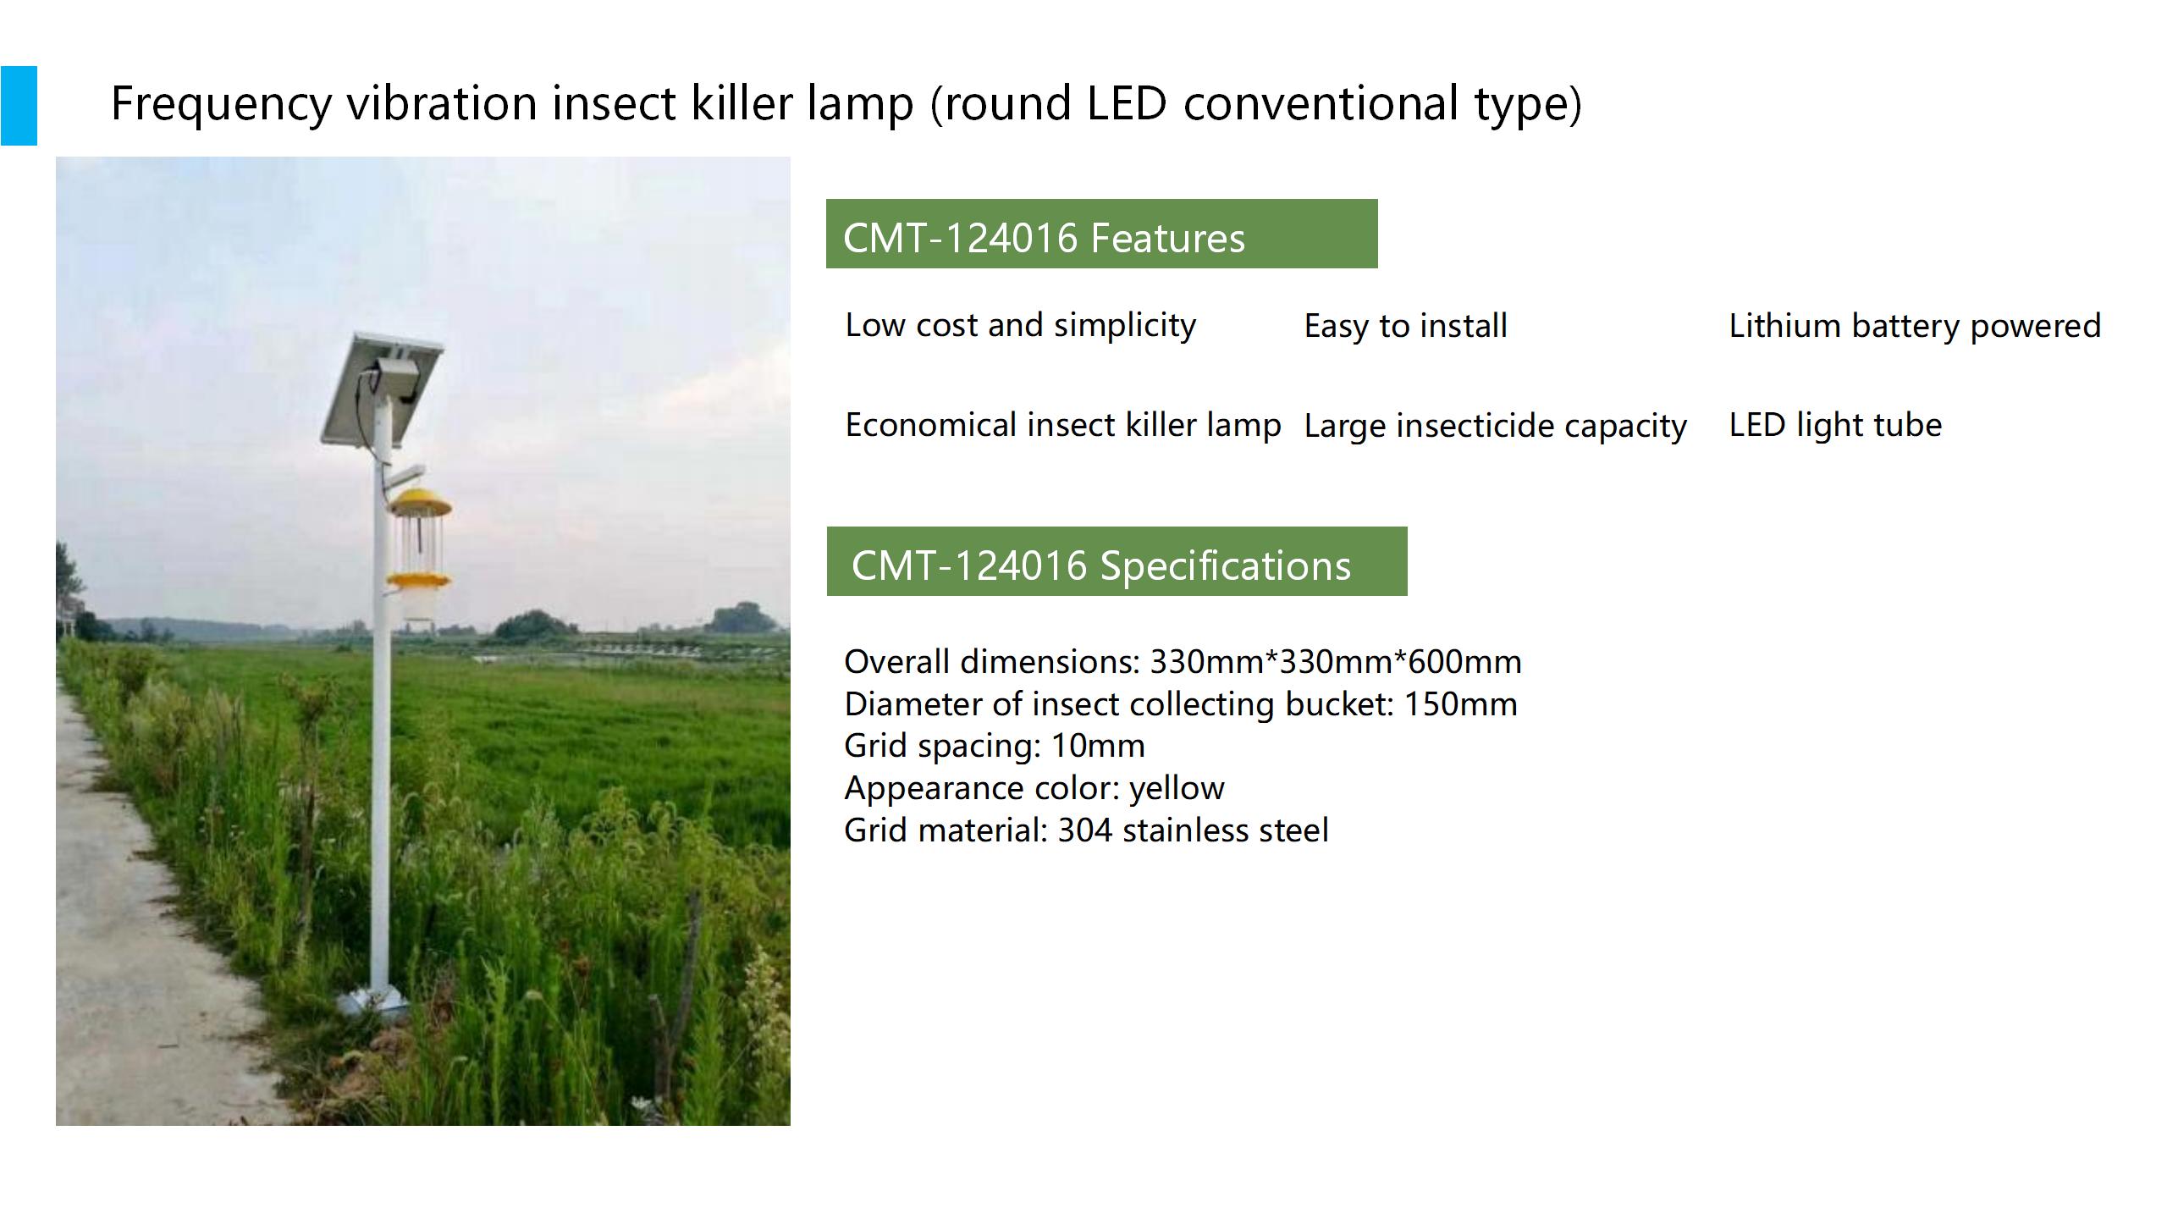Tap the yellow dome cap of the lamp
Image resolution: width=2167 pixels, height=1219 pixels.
pos(420,503)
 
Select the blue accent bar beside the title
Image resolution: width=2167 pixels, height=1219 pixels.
pos(19,106)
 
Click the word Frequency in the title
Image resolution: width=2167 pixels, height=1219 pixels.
pos(221,105)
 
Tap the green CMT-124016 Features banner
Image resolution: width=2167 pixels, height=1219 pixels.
pos(1101,234)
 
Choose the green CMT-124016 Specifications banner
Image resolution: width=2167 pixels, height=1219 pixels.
pos(1117,561)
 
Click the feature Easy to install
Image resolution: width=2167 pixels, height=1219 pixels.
pos(1405,326)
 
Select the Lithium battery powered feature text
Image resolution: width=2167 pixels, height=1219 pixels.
pos(1915,326)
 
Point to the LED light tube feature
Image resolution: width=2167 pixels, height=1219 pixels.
pos(1835,425)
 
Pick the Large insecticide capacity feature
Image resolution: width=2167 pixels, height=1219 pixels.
pos(1495,426)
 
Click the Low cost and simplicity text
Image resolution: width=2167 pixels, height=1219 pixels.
pos(1021,326)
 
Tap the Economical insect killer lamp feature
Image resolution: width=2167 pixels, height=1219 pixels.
pos(1063,426)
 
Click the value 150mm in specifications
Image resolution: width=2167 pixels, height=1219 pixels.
pos(1460,704)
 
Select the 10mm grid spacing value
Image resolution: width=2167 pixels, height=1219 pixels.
pos(1098,746)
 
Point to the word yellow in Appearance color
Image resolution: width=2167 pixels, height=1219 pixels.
pos(1177,789)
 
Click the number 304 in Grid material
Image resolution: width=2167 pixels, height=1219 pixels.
pos(1085,830)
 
